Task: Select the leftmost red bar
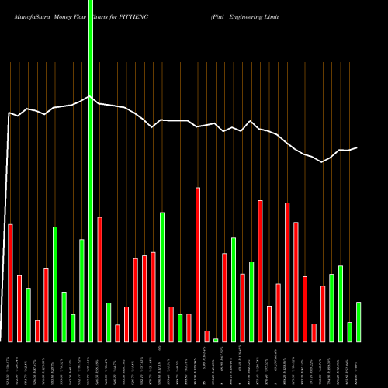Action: [x=10, y=282]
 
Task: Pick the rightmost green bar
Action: [x=359, y=321]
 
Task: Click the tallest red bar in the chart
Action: [x=198, y=264]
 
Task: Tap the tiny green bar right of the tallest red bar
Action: [x=216, y=340]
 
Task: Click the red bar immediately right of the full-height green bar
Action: [x=100, y=279]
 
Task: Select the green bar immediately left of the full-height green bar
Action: [x=81, y=290]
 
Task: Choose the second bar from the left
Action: [x=19, y=308]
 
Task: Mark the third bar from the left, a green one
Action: [x=28, y=314]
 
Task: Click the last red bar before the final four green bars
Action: [x=323, y=314]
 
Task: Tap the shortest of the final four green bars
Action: [x=350, y=331]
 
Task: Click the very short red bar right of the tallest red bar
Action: [x=207, y=335]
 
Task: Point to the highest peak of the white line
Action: [x=90, y=96]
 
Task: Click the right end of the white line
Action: [x=358, y=147]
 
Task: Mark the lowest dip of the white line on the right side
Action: [x=322, y=161]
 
